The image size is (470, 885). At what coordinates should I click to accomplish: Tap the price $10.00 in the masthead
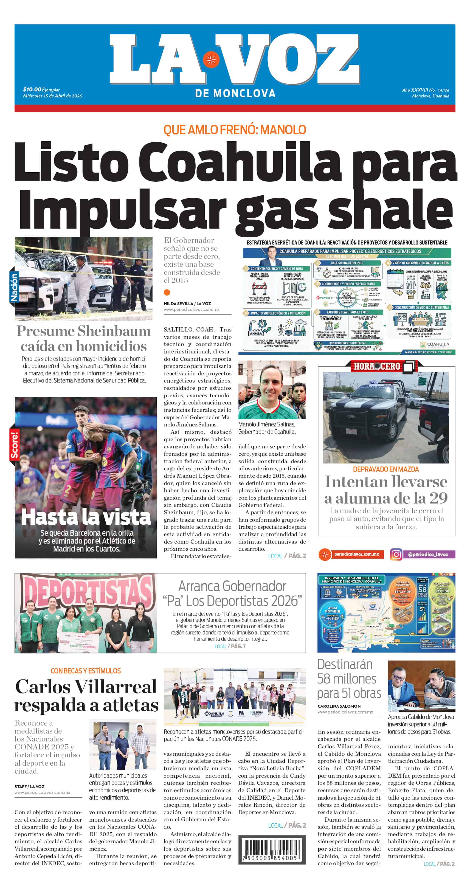click(32, 90)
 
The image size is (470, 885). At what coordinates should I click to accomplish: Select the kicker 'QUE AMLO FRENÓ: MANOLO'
click(235, 130)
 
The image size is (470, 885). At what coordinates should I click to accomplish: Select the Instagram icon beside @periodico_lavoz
click(396, 554)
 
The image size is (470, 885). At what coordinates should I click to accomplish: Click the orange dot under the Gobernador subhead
click(167, 292)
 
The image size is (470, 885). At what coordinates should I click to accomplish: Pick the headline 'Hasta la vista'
click(86, 517)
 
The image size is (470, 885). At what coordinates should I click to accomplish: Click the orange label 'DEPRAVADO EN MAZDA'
click(386, 469)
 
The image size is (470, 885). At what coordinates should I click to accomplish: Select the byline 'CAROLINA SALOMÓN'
click(339, 706)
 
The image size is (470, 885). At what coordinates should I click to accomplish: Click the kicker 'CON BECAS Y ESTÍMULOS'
click(86, 671)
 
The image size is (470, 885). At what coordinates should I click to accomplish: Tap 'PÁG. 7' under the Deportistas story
click(238, 646)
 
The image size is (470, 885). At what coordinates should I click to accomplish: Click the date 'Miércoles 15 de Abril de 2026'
click(52, 96)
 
